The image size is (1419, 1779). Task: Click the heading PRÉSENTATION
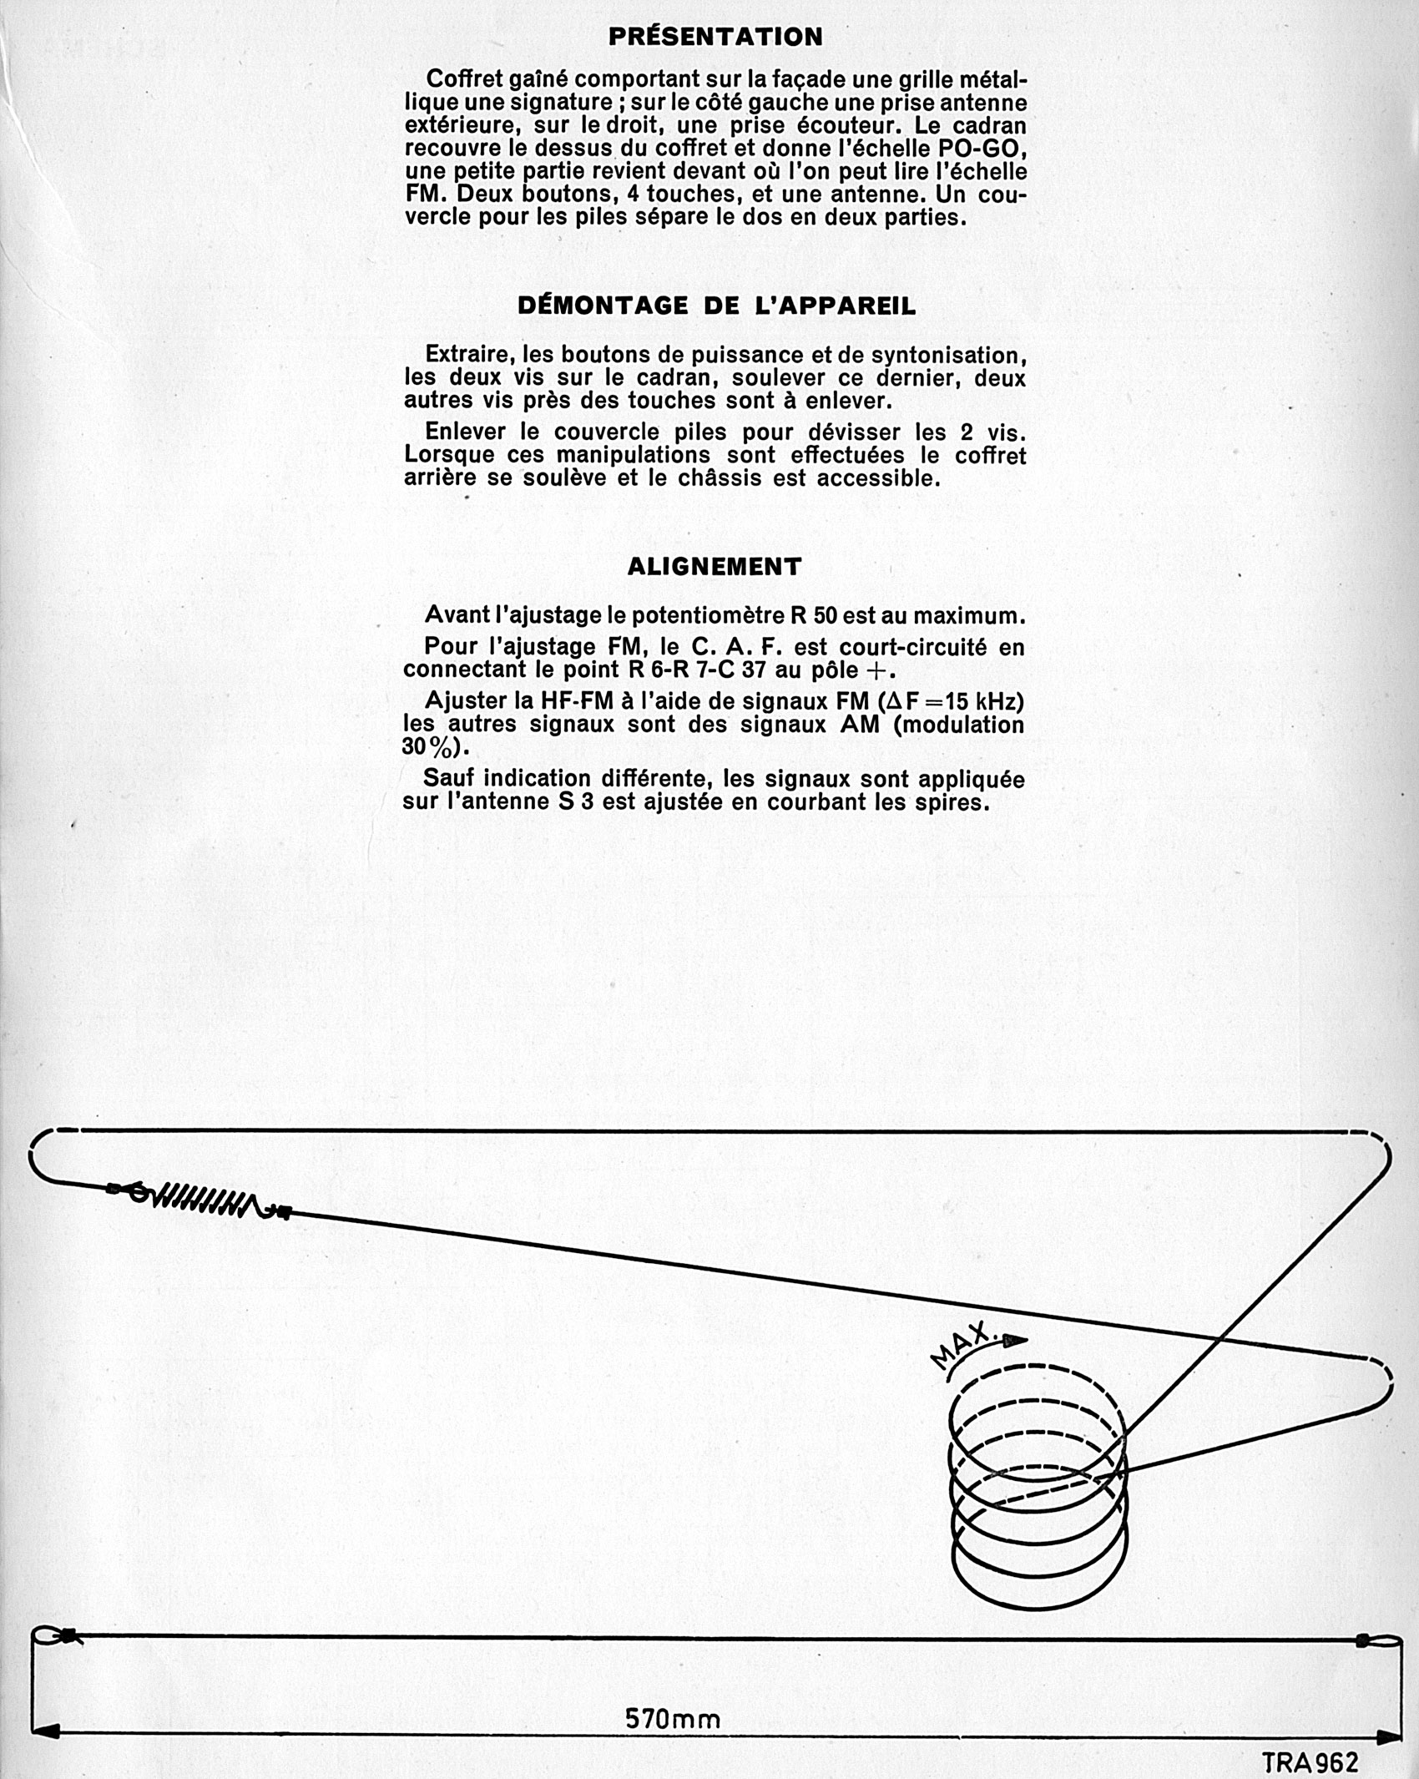click(x=715, y=37)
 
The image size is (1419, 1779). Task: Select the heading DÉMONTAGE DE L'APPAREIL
click(x=716, y=306)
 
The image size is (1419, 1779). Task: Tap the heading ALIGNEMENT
click(x=715, y=567)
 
